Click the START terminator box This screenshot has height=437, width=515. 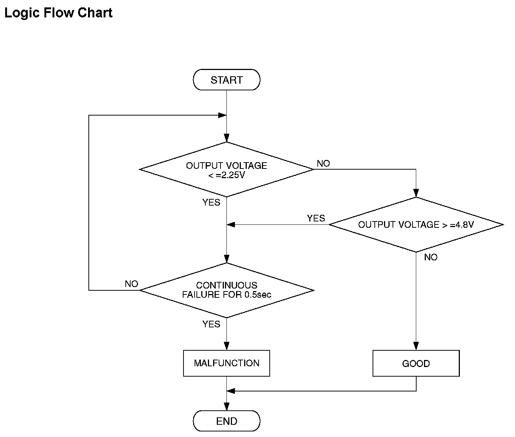click(x=226, y=80)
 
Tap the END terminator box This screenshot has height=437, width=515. click(x=226, y=421)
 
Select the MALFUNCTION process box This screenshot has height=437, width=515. click(x=226, y=363)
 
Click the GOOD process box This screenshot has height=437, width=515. click(x=416, y=363)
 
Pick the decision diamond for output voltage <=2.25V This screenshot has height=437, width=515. click(x=226, y=169)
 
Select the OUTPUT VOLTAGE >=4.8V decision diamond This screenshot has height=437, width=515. click(x=416, y=225)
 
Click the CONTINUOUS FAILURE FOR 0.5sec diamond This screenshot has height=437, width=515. click(x=226, y=290)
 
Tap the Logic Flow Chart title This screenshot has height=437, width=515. click(x=58, y=13)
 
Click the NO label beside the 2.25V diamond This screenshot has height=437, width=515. click(x=323, y=164)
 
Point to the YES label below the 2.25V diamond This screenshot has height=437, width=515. click(x=211, y=203)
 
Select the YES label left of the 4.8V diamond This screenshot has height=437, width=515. click(x=316, y=218)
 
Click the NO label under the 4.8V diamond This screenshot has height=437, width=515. click(x=431, y=257)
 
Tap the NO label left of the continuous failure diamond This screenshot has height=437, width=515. click(x=131, y=284)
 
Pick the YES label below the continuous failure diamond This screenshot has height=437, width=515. click(x=211, y=324)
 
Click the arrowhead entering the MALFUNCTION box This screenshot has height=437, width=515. click(x=226, y=346)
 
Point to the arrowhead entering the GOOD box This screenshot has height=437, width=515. click(x=416, y=346)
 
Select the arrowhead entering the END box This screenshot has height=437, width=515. click(x=226, y=407)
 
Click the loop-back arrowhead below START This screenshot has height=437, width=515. click(x=222, y=115)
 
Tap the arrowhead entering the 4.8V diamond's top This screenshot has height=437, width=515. click(x=416, y=193)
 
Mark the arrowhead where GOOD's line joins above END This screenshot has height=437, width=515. click(x=231, y=391)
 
